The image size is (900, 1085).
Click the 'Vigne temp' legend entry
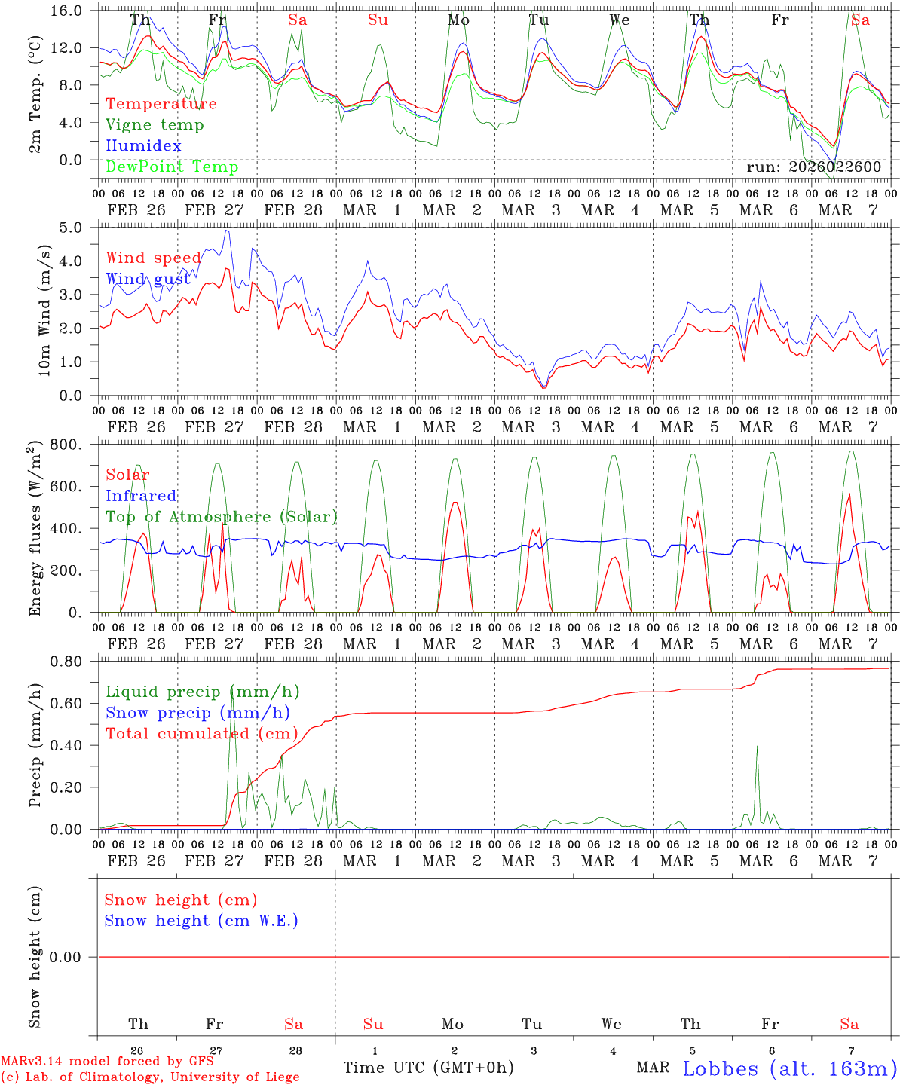click(155, 125)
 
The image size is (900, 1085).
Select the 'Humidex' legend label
click(143, 146)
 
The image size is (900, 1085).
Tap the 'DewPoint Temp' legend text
click(172, 167)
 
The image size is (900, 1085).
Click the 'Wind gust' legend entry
click(148, 280)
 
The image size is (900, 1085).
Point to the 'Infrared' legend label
click(141, 496)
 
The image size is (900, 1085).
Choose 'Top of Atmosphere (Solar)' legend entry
click(222, 517)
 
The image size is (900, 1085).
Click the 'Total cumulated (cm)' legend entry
click(202, 734)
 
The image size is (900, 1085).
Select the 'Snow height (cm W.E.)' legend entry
click(201, 921)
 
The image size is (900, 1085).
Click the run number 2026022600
click(813, 167)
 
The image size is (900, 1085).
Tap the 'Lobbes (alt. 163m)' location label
click(789, 1068)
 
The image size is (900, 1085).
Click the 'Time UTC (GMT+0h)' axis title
click(428, 1068)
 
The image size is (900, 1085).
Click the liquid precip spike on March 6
click(757, 747)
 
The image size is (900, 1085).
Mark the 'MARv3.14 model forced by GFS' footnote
click(107, 1062)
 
